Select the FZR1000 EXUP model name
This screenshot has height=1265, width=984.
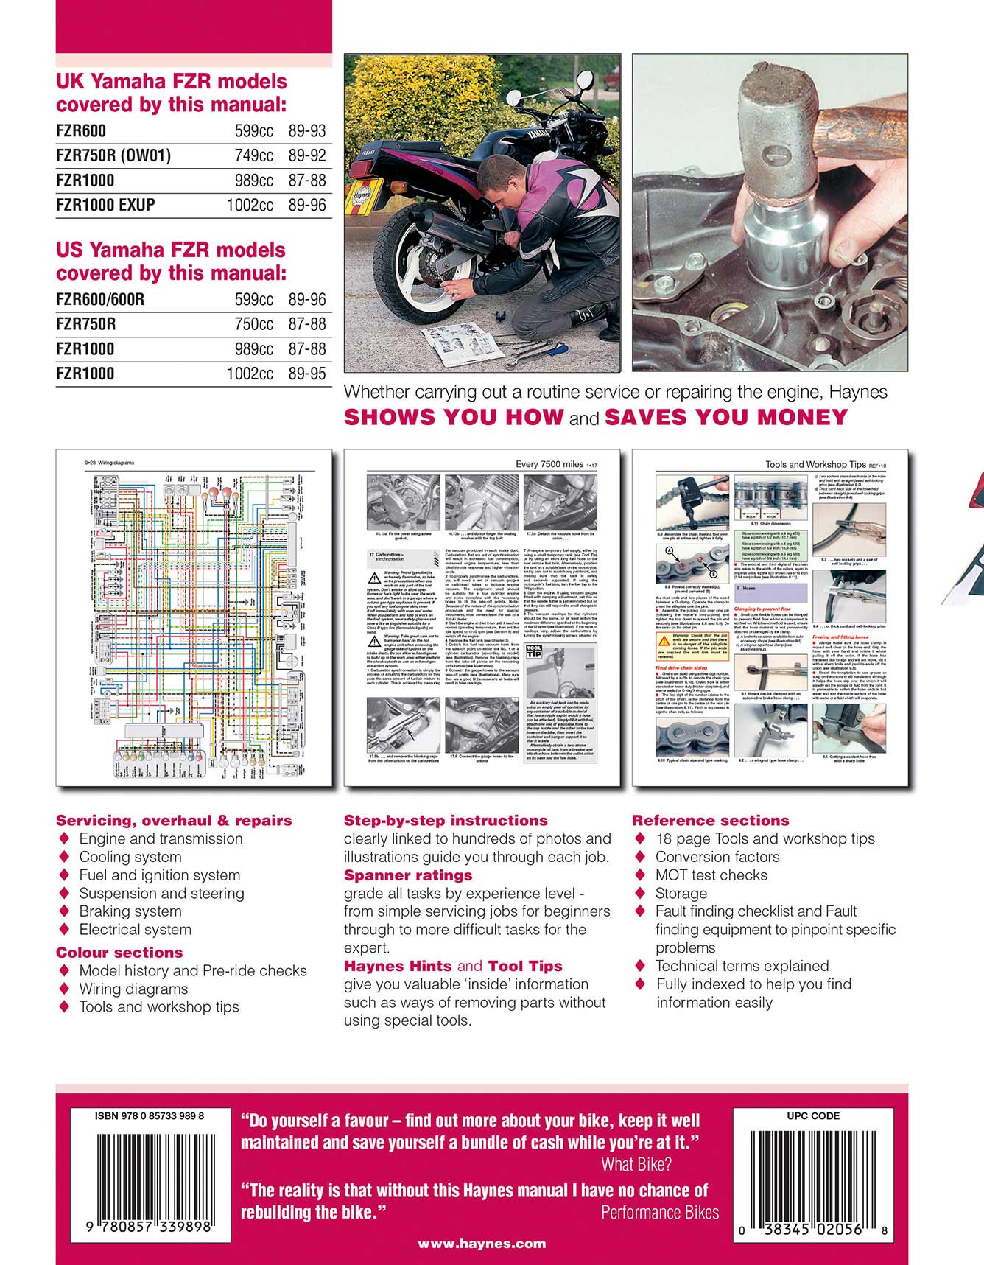click(x=105, y=205)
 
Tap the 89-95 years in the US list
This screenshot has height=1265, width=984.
click(x=307, y=374)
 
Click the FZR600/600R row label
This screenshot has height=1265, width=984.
click(x=100, y=299)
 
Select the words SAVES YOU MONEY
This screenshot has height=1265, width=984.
click(x=726, y=418)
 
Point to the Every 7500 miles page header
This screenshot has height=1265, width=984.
click(x=549, y=464)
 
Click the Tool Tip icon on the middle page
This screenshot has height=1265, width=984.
click(x=534, y=650)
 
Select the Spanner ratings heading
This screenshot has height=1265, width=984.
click(x=408, y=875)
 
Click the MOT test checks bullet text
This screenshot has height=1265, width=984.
click(x=711, y=875)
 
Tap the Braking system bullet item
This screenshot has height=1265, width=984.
click(x=130, y=911)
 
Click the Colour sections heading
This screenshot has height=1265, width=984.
click(x=119, y=952)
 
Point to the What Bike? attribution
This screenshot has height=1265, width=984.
click(x=636, y=1165)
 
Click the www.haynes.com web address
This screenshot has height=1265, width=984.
click(x=482, y=1244)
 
